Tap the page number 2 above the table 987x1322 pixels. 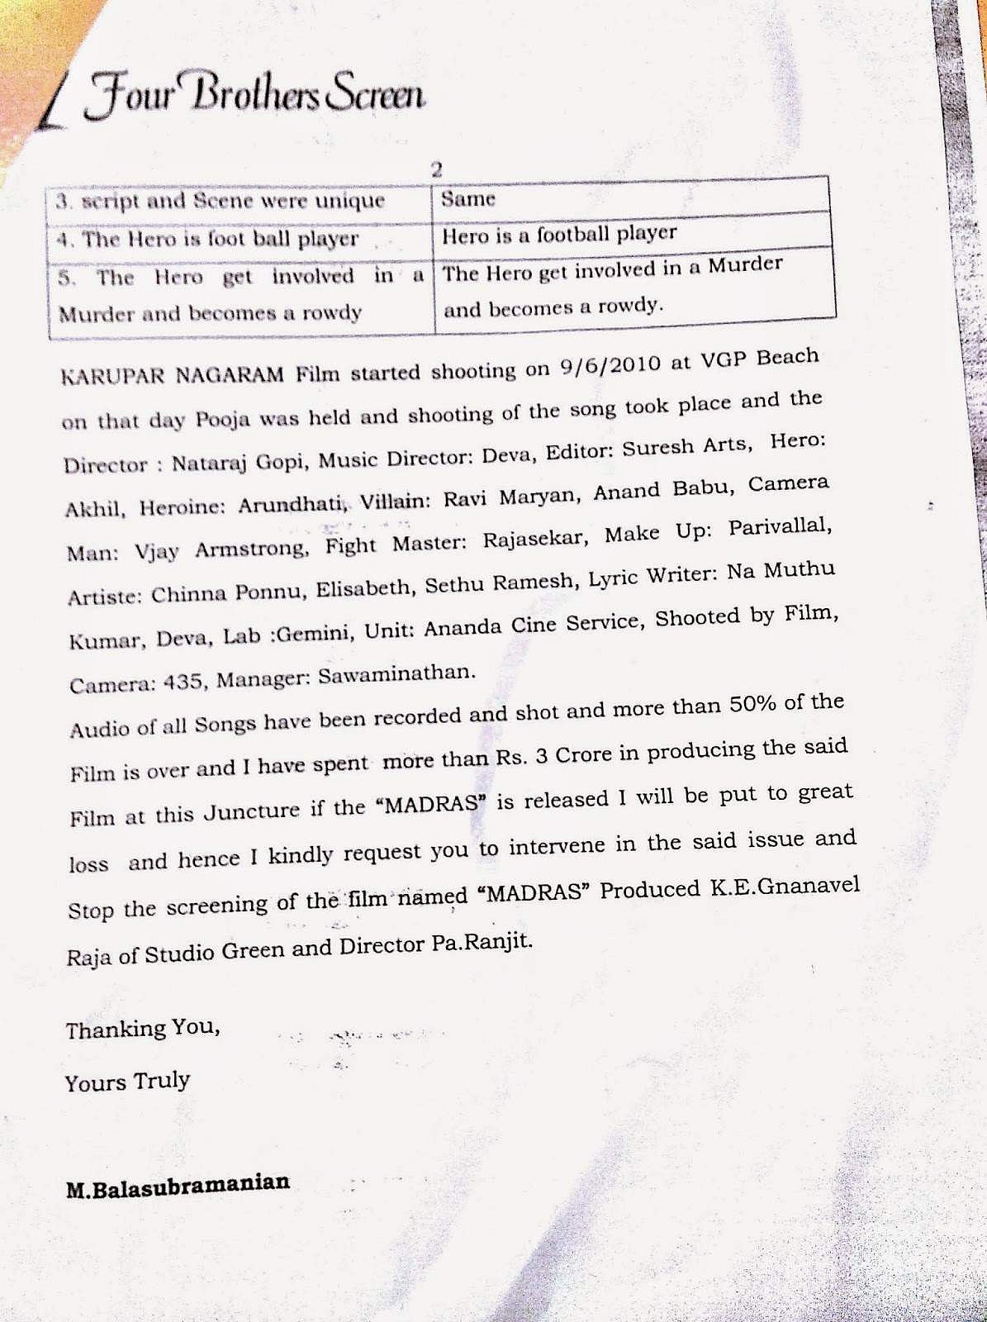coord(437,169)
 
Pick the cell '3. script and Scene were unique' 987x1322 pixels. coord(221,202)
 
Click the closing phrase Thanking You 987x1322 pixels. coord(142,1030)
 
